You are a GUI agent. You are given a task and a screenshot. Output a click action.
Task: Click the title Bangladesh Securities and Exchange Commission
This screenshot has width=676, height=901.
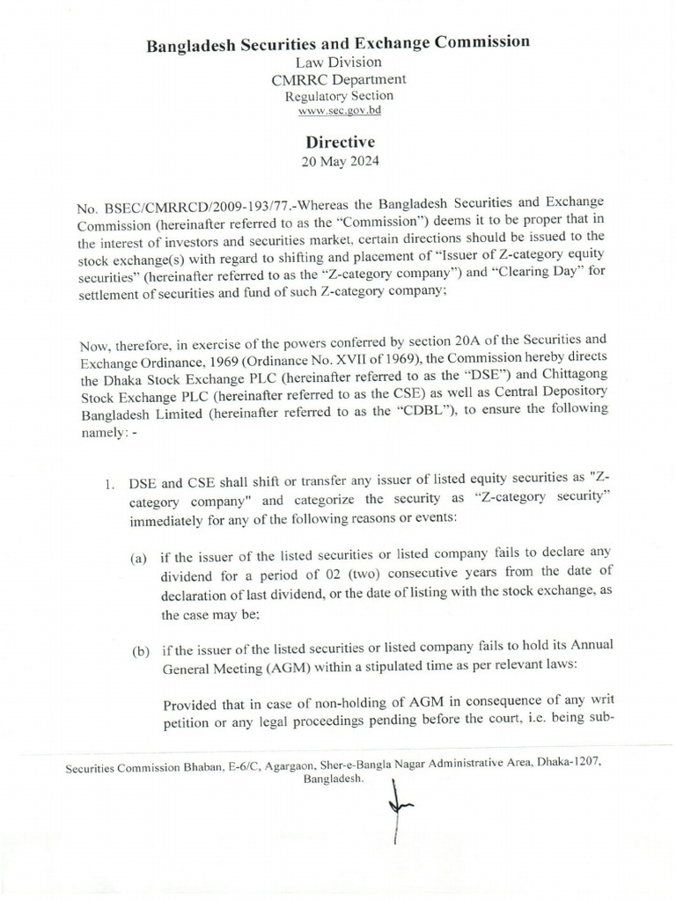click(338, 42)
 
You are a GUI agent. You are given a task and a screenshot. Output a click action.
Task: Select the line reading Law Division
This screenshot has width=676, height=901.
click(338, 62)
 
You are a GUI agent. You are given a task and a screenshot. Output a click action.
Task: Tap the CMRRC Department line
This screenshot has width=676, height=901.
click(338, 79)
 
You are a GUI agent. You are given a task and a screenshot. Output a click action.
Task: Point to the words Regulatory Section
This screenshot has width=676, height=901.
click(338, 96)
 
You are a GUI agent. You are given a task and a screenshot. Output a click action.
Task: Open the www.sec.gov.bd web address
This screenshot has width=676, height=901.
click(338, 111)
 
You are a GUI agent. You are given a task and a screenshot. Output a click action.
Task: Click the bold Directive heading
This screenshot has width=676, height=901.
click(340, 142)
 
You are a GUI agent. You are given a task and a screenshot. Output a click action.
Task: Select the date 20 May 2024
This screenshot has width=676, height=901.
click(340, 161)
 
